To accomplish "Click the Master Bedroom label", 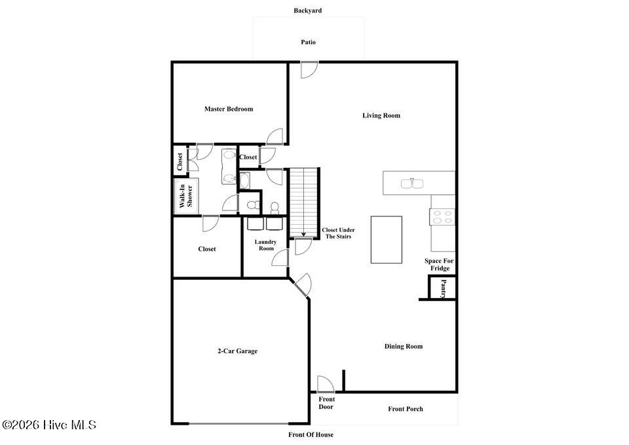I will (x=228, y=109).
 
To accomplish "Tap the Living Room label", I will (x=381, y=115).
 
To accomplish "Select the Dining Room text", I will (x=403, y=346).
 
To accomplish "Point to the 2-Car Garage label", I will (x=237, y=351).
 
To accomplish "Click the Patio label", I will (x=308, y=42).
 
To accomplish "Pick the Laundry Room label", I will (x=266, y=245).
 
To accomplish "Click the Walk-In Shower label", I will (x=186, y=196).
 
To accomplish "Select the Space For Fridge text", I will (x=438, y=264).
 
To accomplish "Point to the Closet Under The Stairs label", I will (x=338, y=233).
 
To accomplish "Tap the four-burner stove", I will (x=443, y=216).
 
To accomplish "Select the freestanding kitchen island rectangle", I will (x=386, y=239).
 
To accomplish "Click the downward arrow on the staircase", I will (x=303, y=233).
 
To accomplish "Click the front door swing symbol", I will (x=324, y=384).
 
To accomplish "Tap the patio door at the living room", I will (x=309, y=69).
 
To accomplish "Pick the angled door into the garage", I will (x=302, y=284).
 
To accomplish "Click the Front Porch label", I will (x=406, y=409).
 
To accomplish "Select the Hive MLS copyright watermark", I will (x=49, y=425).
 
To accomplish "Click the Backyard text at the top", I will (x=307, y=10).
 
